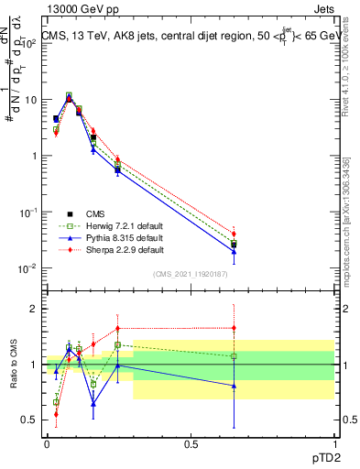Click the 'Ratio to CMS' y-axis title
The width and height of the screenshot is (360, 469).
pos(14,365)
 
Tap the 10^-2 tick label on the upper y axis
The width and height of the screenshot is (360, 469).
pos(29,268)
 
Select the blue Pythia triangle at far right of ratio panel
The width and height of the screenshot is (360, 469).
pos(234,386)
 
